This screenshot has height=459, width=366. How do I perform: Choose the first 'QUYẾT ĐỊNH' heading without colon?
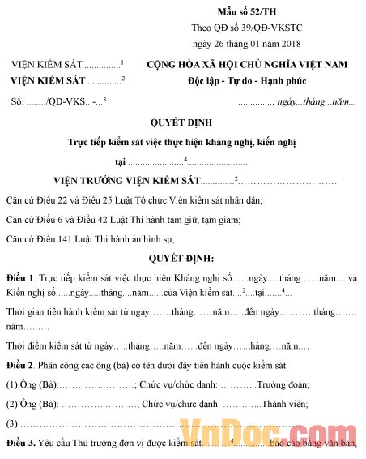click(182, 123)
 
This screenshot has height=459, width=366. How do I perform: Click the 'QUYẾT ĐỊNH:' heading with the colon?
click(182, 259)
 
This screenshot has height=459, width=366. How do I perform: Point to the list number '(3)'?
click(11, 423)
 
